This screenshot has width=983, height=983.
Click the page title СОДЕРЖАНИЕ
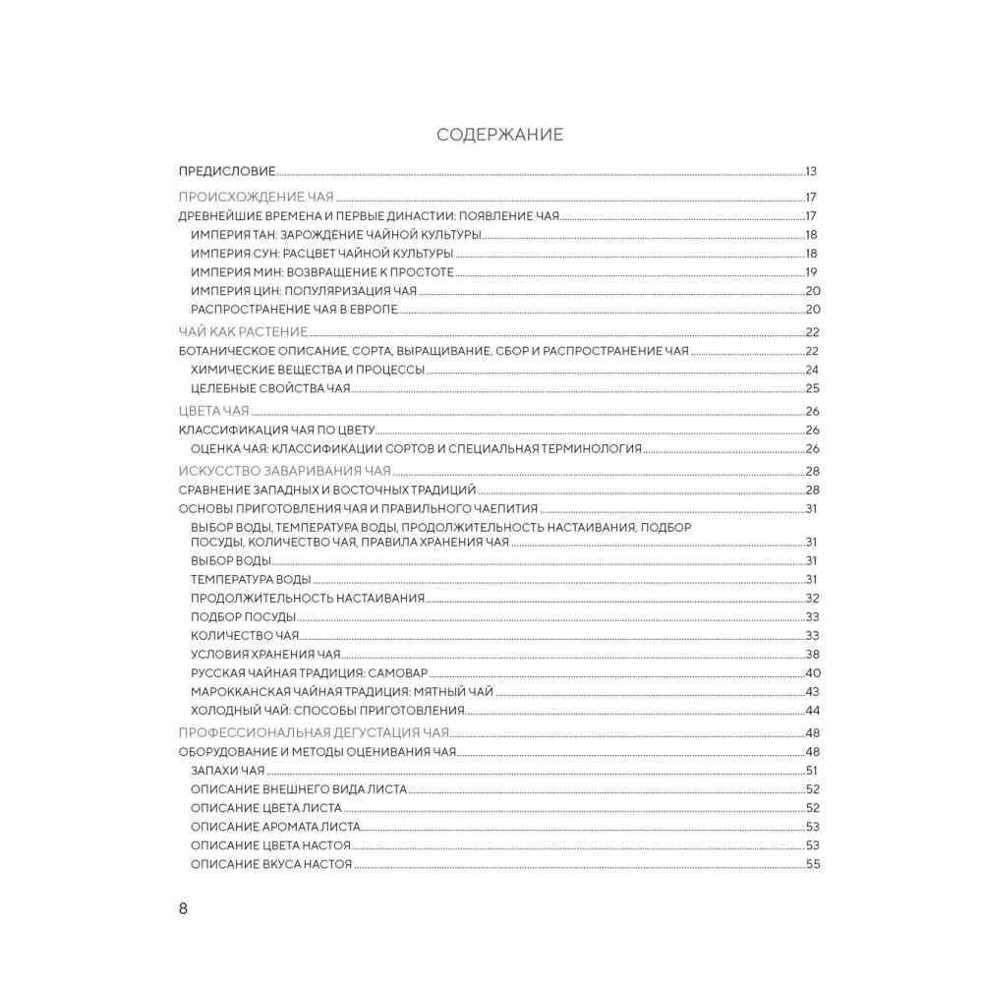click(x=499, y=136)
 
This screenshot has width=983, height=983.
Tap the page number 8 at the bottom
click(x=183, y=908)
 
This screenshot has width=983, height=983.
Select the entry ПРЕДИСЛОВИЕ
click(x=226, y=170)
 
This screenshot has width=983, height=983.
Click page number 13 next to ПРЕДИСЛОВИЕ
click(x=812, y=170)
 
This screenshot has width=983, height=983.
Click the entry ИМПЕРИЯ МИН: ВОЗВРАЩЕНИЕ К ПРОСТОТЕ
click(x=321, y=272)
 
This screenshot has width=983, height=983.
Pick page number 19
click(x=812, y=272)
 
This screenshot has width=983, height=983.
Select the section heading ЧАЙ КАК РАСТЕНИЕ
click(x=243, y=331)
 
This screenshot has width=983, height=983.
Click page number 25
click(x=812, y=388)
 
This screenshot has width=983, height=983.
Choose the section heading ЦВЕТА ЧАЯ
click(x=213, y=410)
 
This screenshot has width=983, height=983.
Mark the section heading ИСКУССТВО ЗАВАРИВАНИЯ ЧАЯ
click(x=284, y=470)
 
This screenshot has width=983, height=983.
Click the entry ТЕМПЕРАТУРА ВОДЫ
click(x=251, y=579)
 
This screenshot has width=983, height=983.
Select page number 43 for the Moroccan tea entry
click(x=812, y=692)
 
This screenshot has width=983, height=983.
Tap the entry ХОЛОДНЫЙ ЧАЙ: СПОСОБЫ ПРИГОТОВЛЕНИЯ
click(x=326, y=711)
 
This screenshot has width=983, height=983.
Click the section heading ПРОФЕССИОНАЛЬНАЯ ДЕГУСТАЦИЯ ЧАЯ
click(x=313, y=732)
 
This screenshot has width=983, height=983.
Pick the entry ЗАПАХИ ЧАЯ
click(x=227, y=771)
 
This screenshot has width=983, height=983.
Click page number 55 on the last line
click(x=812, y=864)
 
